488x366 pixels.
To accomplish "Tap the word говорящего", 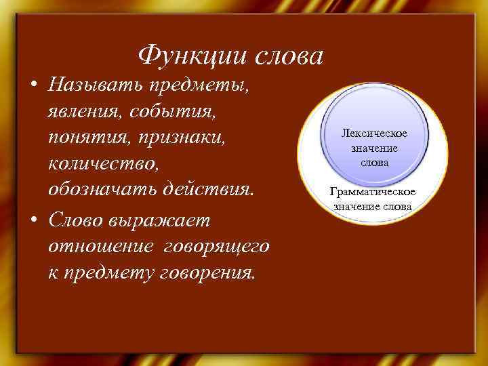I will (x=218, y=247).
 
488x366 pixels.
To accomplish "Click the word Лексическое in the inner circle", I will (x=374, y=134).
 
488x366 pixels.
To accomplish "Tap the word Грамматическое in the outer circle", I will (x=372, y=192).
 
